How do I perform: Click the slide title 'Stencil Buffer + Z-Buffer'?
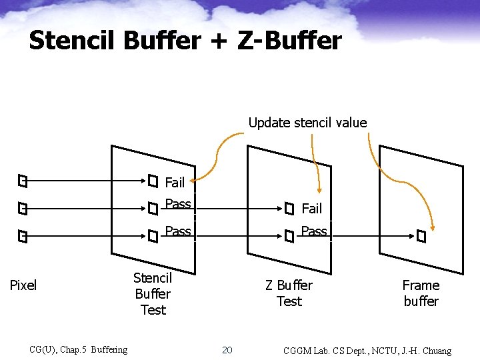(185, 41)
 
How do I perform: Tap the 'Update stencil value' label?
(307, 123)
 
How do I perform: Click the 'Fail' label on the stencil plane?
(175, 182)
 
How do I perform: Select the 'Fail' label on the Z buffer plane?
(311, 209)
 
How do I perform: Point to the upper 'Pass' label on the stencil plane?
(178, 204)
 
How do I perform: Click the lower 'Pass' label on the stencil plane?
(178, 231)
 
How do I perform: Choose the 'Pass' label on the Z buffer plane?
(314, 231)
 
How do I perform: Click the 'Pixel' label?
(23, 285)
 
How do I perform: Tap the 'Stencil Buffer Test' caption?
(153, 293)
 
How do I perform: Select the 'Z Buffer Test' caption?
(289, 293)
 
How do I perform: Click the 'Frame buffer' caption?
(421, 293)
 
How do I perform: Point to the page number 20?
(227, 350)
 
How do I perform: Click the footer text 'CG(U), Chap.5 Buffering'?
(78, 350)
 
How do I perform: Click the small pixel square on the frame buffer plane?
(421, 236)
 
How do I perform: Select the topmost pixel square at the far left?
(23, 181)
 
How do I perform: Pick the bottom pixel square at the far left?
(23, 237)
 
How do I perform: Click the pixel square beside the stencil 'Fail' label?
(153, 181)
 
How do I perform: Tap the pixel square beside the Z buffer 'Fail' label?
(289, 209)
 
